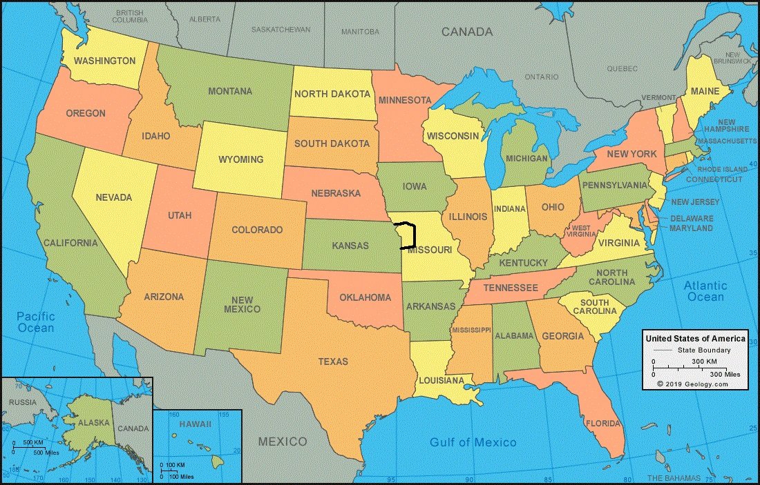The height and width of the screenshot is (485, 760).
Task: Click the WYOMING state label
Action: tap(241, 159)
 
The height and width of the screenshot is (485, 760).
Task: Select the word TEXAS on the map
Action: tap(333, 362)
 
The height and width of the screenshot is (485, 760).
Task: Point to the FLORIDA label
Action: tap(602, 423)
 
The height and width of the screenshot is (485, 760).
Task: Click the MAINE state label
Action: tap(705, 92)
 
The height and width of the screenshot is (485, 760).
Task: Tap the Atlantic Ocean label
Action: tap(705, 291)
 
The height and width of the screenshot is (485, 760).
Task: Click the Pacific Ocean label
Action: tap(36, 321)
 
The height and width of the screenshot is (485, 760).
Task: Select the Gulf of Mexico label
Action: tap(473, 442)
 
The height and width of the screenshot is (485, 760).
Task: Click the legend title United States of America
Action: tap(695, 339)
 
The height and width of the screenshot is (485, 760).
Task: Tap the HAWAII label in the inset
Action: tap(195, 424)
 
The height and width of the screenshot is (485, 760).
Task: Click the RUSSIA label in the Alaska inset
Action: tap(23, 402)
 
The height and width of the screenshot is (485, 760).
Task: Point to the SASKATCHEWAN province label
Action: tap(281, 30)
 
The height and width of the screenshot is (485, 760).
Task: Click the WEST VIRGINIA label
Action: tap(580, 231)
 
